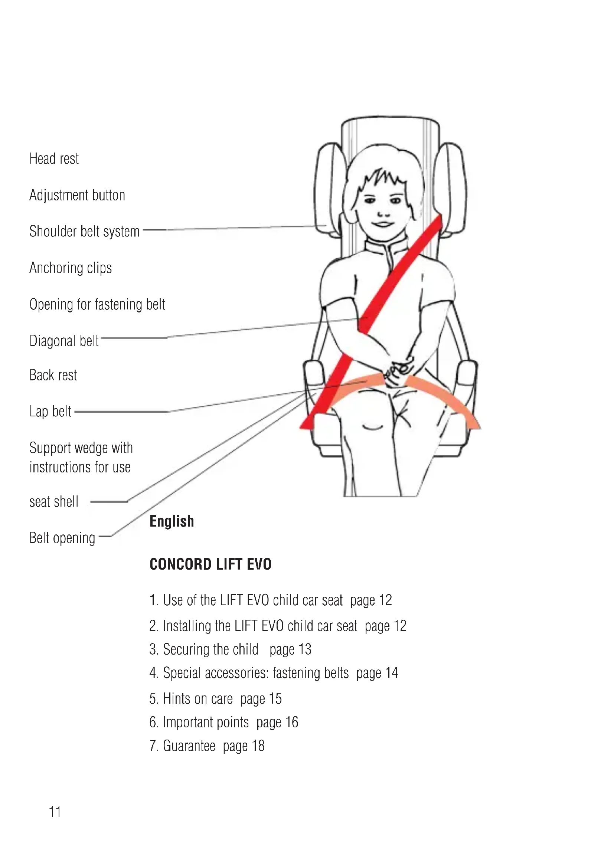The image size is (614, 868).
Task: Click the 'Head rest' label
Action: click(54, 159)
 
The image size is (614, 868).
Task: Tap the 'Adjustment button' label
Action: click(77, 196)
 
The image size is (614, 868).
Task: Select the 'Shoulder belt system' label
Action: click(84, 231)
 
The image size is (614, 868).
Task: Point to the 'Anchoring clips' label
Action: click(71, 268)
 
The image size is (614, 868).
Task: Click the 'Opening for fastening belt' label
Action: click(97, 304)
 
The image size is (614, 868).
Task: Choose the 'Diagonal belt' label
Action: click(64, 341)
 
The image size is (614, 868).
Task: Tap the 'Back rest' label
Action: click(53, 375)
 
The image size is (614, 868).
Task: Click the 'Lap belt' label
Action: click(50, 411)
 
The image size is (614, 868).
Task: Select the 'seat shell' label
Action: click(54, 502)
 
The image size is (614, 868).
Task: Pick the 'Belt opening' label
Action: click(62, 538)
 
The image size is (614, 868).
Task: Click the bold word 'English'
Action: click(172, 521)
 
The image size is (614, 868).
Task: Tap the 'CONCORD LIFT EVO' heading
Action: click(210, 564)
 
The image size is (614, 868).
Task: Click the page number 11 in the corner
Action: click(55, 812)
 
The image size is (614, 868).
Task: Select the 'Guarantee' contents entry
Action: click(189, 746)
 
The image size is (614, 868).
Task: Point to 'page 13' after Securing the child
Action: click(290, 649)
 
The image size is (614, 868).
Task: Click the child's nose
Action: click(383, 213)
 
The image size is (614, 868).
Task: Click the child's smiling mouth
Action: click(383, 224)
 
